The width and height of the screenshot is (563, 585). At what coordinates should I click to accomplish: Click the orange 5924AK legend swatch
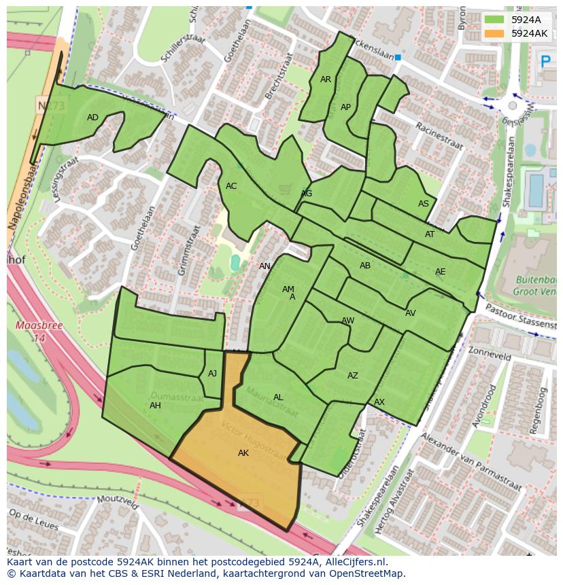click(495, 33)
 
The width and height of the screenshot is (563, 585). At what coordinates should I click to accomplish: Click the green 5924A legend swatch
click(495, 20)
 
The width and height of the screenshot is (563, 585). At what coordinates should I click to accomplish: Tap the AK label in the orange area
click(243, 453)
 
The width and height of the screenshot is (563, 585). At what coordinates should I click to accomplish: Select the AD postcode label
click(92, 118)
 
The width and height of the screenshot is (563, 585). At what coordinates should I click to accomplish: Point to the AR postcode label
click(326, 79)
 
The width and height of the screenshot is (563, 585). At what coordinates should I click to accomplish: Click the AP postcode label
click(345, 107)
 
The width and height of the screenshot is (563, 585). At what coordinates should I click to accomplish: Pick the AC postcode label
click(231, 186)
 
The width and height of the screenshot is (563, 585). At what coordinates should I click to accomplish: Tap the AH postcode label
click(155, 406)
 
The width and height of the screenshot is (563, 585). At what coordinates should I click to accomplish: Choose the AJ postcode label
click(212, 374)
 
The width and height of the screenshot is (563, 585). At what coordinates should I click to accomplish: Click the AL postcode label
click(278, 397)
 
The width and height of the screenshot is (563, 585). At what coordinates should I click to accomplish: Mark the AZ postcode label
click(352, 376)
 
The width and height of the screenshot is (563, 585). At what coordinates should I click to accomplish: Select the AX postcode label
click(379, 402)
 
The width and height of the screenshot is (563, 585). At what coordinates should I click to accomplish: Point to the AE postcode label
click(440, 272)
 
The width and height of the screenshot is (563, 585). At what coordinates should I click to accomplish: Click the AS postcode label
click(424, 204)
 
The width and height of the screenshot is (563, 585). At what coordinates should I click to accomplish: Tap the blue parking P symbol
click(545, 62)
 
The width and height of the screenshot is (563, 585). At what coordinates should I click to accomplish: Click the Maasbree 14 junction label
click(32, 331)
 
